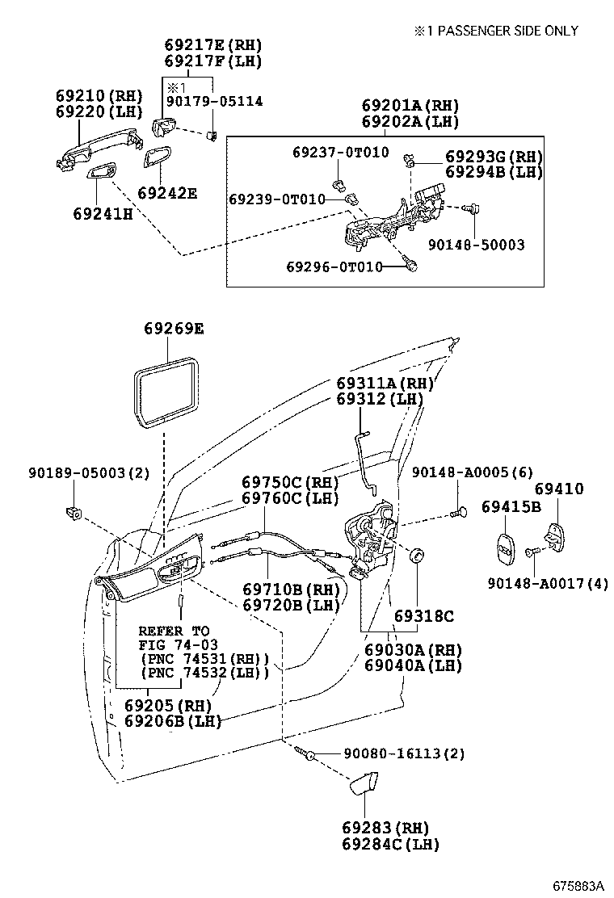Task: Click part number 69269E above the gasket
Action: (174, 329)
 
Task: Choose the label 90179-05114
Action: (214, 101)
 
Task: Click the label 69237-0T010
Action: (340, 152)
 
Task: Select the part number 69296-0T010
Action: (334, 266)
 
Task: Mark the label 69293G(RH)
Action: (494, 157)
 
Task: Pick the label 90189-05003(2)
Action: (88, 472)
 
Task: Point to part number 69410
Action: (558, 489)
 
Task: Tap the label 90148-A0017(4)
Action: (547, 584)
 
